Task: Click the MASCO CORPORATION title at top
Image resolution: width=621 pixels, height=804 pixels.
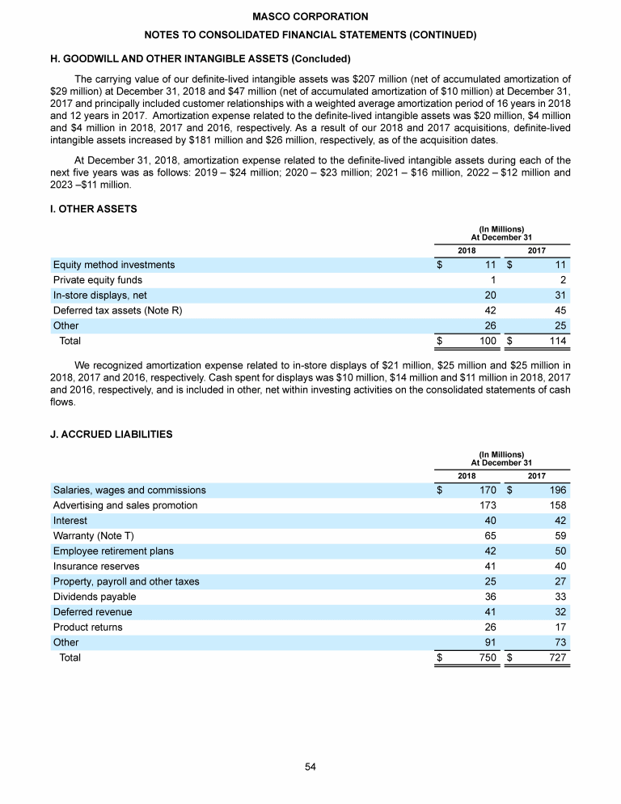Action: coord(310,17)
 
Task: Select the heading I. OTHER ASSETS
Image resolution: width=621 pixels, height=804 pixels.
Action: coord(95,209)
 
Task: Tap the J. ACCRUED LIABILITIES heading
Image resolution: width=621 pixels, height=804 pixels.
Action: coord(111,434)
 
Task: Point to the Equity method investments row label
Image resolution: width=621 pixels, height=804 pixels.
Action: coord(113,265)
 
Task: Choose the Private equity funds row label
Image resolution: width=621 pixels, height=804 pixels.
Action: coord(98,280)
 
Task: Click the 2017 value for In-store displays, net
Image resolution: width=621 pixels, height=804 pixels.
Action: coord(558,296)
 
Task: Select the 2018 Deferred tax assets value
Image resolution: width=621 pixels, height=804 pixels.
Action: coord(489,311)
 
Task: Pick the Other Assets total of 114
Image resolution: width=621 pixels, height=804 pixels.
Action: coord(556,342)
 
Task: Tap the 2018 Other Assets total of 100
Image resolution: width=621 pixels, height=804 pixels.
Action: coord(488,342)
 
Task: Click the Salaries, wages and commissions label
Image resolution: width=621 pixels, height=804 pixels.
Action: coord(129,490)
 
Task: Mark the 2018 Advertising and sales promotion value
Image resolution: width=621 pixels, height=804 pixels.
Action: coord(488,505)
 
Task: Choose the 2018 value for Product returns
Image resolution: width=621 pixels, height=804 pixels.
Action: coord(489,627)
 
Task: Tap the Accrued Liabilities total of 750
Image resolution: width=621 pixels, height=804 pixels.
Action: coord(488,658)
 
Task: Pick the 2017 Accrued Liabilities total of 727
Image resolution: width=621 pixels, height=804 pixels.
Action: coord(556,658)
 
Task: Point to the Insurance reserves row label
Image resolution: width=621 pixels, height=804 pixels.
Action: coord(95,566)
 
